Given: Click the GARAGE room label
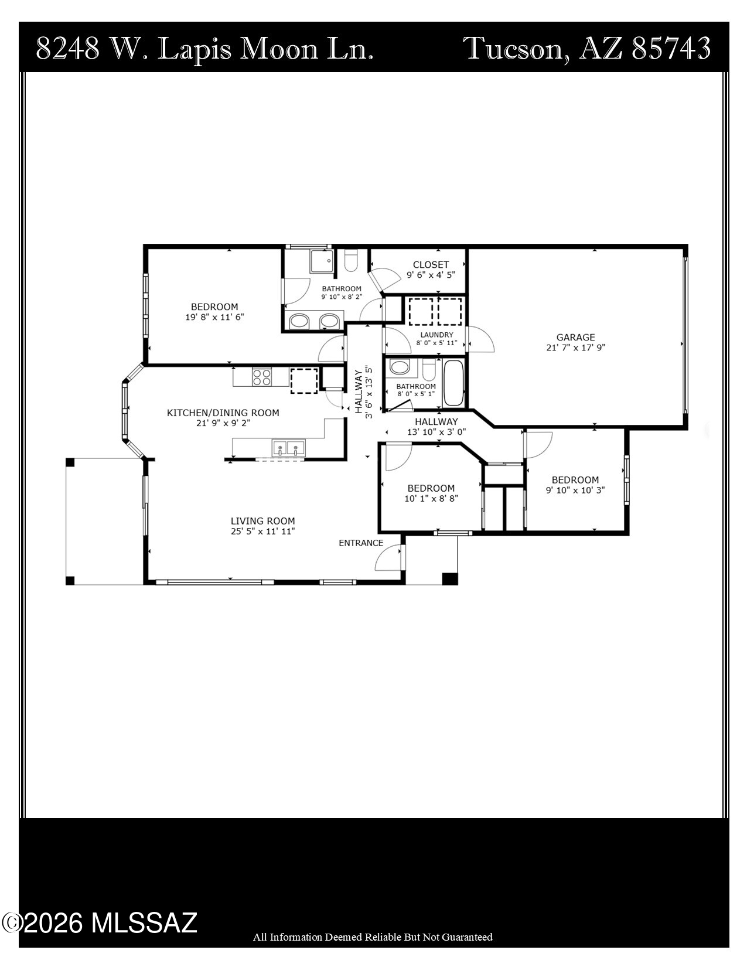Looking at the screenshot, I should point(575,337).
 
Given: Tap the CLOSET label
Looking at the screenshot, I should point(431,265).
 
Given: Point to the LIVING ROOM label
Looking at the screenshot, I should point(262,521).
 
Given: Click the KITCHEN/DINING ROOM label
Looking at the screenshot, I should point(223,413).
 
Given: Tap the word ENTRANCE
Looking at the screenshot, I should point(361,543).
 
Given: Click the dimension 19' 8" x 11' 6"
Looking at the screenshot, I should point(214,317).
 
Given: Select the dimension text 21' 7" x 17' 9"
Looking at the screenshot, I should point(575,347).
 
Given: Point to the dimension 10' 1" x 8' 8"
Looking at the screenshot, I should point(431,499).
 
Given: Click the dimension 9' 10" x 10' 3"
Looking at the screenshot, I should point(575,490).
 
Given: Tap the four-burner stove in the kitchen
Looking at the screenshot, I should point(261,377).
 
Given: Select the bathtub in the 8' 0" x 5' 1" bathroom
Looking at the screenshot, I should point(453,384).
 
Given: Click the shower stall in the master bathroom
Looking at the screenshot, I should point(322,261).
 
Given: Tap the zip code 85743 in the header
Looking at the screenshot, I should point(671,48).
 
